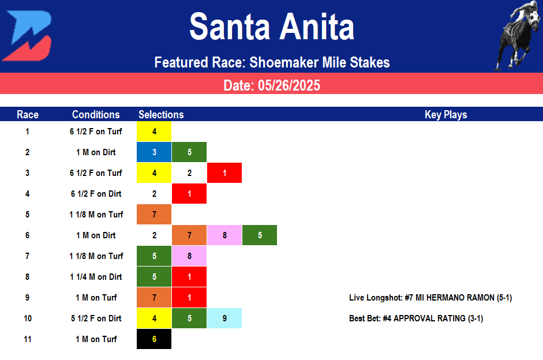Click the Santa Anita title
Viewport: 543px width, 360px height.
(x=271, y=27)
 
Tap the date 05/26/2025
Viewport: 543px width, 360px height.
(x=271, y=85)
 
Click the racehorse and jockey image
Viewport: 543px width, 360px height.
(x=517, y=35)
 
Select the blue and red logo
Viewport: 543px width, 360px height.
(x=27, y=36)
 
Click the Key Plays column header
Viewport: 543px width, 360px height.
(x=445, y=114)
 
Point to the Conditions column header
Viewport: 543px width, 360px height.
(x=96, y=114)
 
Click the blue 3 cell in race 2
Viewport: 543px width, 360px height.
(x=154, y=152)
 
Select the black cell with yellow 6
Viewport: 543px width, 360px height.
(x=154, y=339)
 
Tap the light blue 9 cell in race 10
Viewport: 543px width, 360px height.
(x=224, y=318)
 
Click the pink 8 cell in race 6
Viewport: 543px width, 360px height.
(x=224, y=235)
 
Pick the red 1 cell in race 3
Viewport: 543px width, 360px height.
(x=224, y=173)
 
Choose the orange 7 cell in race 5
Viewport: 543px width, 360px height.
(x=154, y=215)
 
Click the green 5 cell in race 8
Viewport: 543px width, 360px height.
(x=154, y=277)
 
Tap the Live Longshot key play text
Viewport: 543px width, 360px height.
(x=430, y=298)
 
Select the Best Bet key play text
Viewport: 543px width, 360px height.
(x=415, y=318)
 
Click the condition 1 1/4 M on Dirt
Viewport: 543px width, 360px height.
(x=96, y=277)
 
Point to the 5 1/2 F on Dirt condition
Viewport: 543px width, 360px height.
(x=96, y=318)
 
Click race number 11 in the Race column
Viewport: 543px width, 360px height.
(x=28, y=339)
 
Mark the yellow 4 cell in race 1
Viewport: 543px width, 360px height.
(x=154, y=132)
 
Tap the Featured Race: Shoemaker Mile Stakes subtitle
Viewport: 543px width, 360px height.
(x=272, y=62)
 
